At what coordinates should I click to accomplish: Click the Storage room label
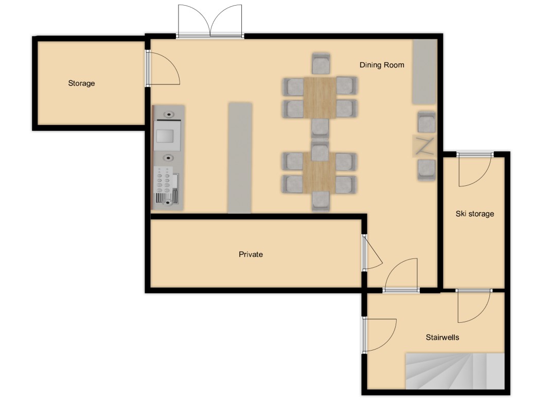click(81, 83)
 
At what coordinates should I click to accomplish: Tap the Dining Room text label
click(382, 65)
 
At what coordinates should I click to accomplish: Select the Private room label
click(251, 254)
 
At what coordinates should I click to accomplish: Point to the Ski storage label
click(475, 214)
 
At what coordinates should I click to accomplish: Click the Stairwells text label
click(442, 337)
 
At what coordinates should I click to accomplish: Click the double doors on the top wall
click(210, 21)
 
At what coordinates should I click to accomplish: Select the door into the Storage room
click(163, 68)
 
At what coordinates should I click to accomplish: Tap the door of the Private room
click(372, 252)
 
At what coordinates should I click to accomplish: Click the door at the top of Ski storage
click(475, 169)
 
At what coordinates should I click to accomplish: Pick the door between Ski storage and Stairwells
click(474, 306)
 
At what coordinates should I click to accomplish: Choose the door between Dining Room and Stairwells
click(400, 275)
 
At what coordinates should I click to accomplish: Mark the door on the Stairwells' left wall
click(379, 335)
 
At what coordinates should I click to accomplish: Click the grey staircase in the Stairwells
click(455, 371)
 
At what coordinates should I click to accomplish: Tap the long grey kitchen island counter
click(240, 158)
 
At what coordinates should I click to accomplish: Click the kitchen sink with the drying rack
click(167, 185)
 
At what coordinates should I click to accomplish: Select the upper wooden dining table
click(320, 98)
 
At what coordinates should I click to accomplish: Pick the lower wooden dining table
click(320, 172)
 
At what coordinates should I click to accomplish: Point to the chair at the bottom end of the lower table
click(321, 201)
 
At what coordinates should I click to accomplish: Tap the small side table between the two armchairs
click(424, 146)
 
